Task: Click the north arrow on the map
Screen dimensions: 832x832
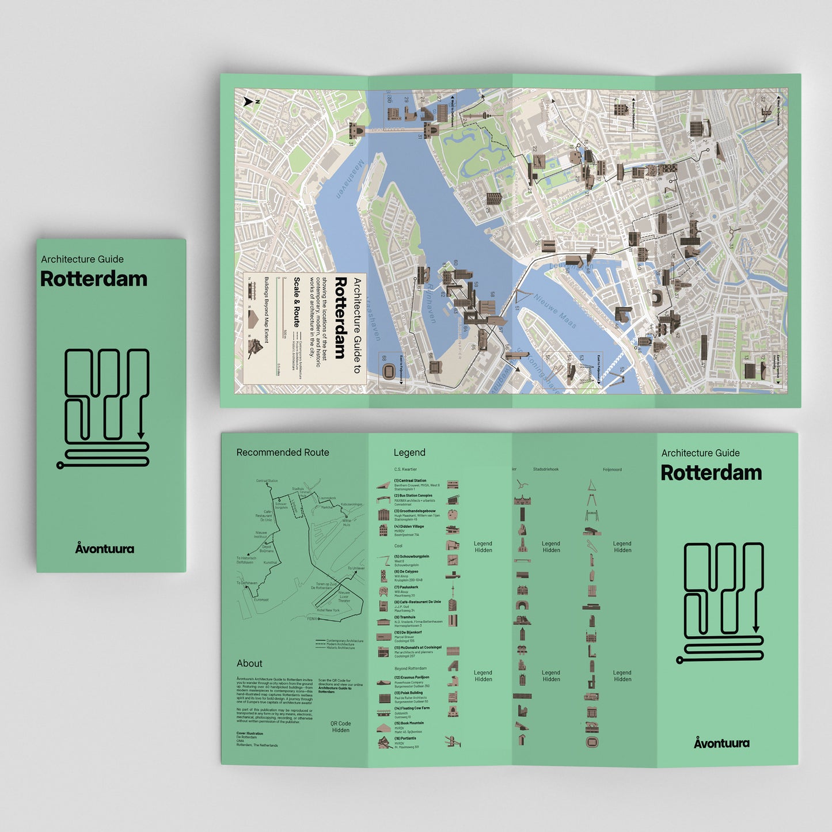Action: click(x=248, y=102)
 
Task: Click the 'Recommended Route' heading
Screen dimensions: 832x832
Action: click(x=283, y=453)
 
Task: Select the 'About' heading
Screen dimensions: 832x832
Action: click(x=249, y=663)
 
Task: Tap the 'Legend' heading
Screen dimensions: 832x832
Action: click(x=409, y=453)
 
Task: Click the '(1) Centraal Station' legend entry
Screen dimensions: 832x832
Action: click(x=410, y=481)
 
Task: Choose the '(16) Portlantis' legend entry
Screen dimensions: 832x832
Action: click(x=405, y=738)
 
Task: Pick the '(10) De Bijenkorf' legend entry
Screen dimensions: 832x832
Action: click(x=408, y=632)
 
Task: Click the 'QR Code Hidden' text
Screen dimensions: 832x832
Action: click(x=340, y=727)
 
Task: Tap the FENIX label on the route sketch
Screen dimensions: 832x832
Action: click(x=312, y=619)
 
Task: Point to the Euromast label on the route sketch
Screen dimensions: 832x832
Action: click(x=261, y=600)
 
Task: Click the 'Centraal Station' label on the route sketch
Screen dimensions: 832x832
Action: click(x=267, y=481)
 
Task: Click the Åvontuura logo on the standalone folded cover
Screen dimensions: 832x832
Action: click(x=105, y=548)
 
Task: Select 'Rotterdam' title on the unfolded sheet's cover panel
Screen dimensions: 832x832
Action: click(x=711, y=473)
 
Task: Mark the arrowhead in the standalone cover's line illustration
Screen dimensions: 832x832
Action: click(x=140, y=436)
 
